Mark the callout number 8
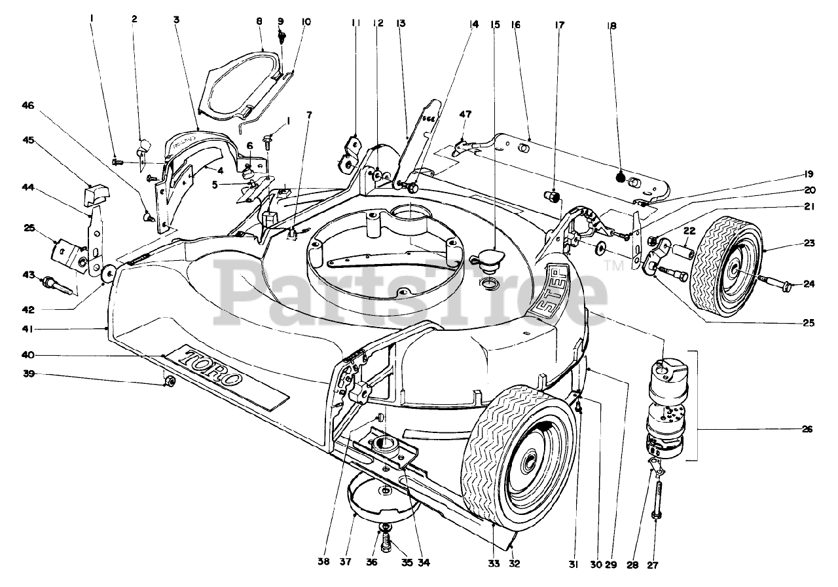(x=259, y=21)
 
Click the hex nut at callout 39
(x=169, y=381)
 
